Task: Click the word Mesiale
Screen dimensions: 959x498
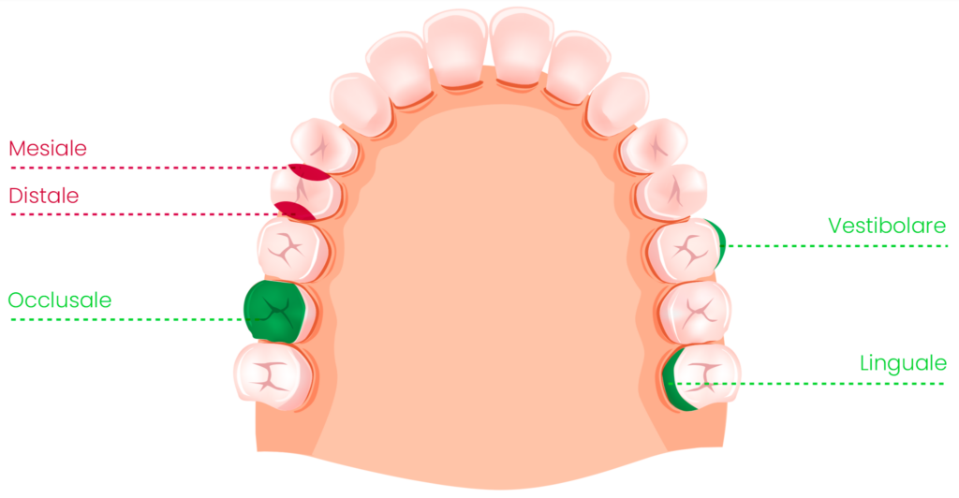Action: (x=48, y=149)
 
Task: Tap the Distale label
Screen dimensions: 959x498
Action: (x=44, y=196)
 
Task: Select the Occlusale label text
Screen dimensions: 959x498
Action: (x=60, y=300)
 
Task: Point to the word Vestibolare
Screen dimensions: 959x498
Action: (x=887, y=226)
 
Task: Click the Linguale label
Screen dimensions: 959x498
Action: (x=903, y=363)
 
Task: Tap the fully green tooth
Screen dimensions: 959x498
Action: (x=275, y=311)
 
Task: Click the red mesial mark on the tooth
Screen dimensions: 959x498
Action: (x=309, y=172)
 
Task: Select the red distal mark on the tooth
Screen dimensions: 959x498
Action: (x=295, y=211)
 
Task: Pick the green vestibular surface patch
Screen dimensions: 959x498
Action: (x=719, y=243)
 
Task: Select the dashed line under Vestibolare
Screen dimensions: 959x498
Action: (x=835, y=246)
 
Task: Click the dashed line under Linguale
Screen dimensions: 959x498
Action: (x=807, y=384)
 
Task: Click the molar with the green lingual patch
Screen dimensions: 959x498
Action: (x=701, y=377)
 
